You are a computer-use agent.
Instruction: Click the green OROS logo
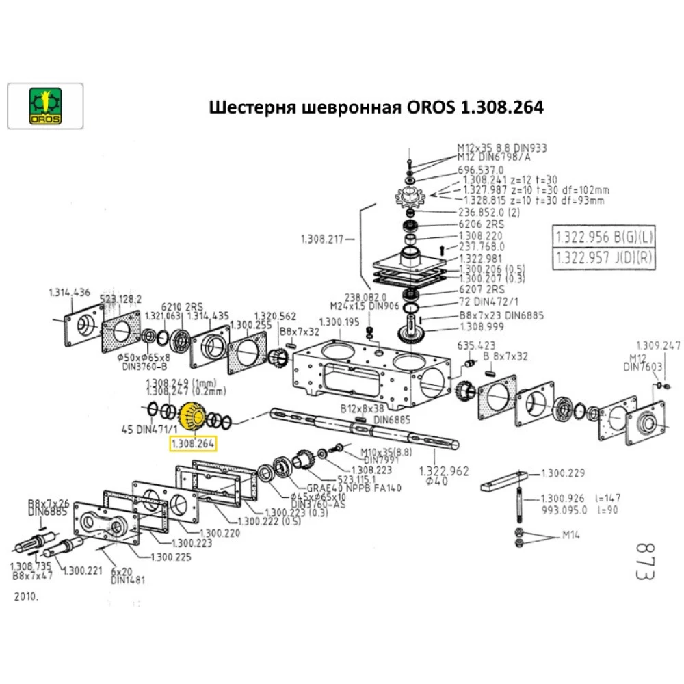[x=44, y=106]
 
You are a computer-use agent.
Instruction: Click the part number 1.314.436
[x=69, y=292]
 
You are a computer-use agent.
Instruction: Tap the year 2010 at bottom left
[x=27, y=596]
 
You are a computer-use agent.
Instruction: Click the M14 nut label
[x=571, y=535]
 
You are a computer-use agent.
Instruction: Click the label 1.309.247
[x=658, y=345]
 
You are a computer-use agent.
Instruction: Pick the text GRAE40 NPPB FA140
[x=354, y=488]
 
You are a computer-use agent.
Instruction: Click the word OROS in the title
[x=431, y=108]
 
